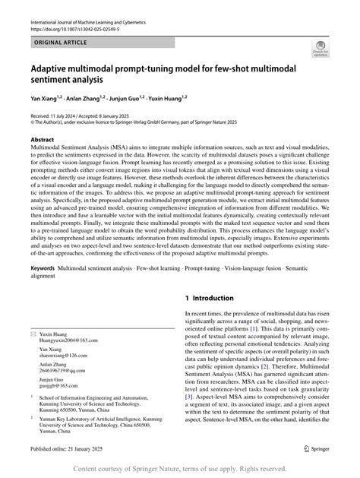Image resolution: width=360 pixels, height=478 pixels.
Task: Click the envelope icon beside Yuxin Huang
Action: coord(32,334)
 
